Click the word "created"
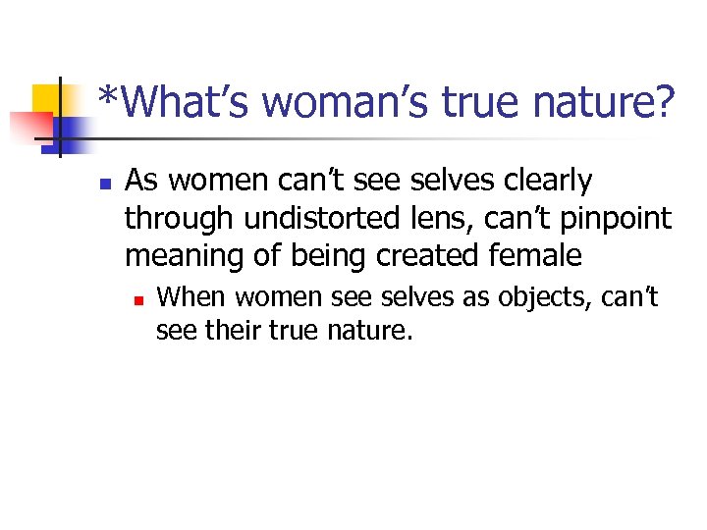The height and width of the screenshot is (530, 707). pyautogui.click(x=433, y=256)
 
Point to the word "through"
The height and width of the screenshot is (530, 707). pyautogui.click(x=174, y=219)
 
